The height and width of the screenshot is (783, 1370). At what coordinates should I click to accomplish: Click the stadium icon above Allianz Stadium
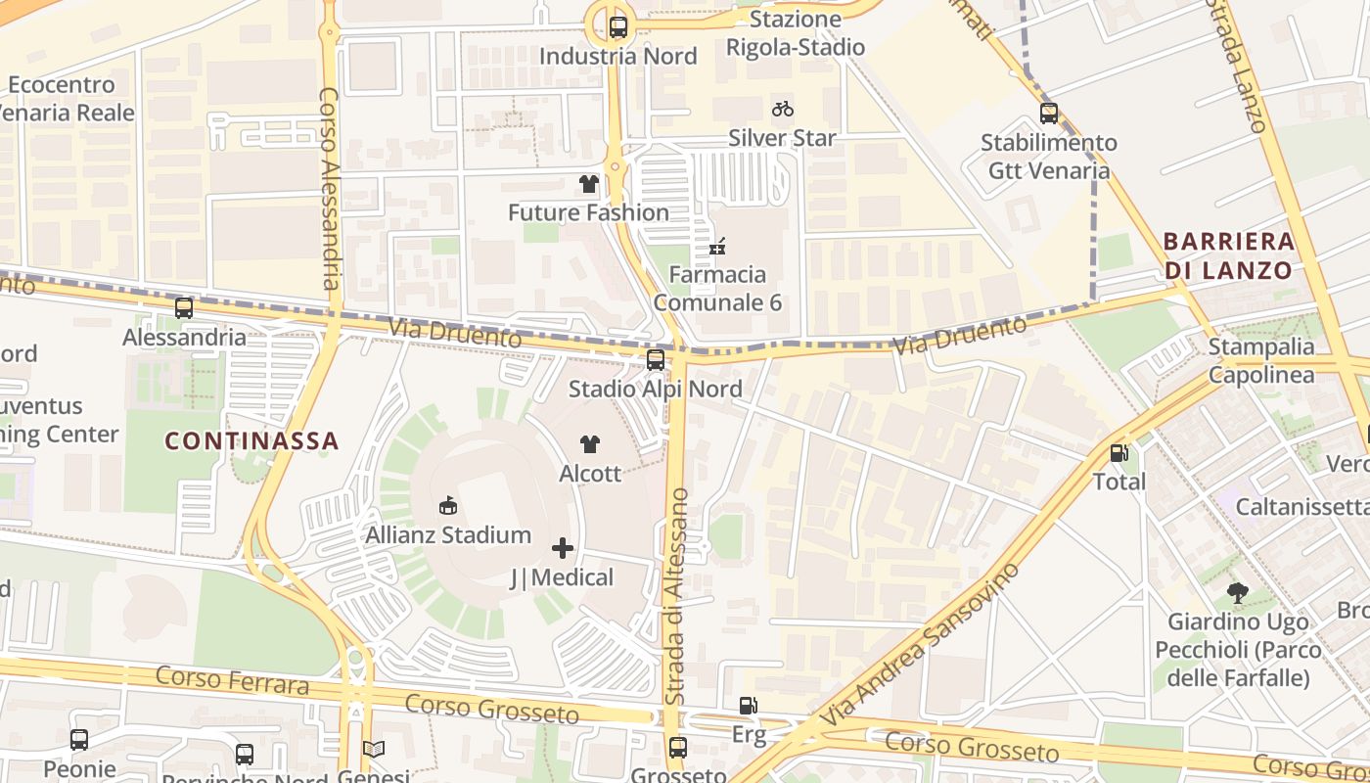(x=448, y=506)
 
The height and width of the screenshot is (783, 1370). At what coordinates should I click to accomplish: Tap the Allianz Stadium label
(x=448, y=535)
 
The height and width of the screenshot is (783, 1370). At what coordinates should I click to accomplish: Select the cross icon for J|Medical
(x=563, y=548)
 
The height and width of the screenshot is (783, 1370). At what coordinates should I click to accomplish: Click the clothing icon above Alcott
(x=589, y=444)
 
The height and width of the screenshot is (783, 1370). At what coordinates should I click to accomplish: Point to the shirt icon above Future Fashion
(x=588, y=184)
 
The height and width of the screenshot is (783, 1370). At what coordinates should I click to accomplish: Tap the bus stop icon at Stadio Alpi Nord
(x=656, y=360)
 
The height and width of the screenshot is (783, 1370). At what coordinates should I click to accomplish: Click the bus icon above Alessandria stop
(x=184, y=308)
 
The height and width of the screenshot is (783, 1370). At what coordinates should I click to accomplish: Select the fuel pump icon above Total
(x=1119, y=453)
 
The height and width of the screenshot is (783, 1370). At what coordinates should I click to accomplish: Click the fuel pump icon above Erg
(x=748, y=706)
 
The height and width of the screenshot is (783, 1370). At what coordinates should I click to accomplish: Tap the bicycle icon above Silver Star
(x=782, y=109)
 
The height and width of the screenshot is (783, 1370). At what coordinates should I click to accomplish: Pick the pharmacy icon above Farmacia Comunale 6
(x=717, y=246)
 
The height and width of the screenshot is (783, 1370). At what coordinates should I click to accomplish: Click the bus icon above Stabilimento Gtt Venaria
(x=1049, y=114)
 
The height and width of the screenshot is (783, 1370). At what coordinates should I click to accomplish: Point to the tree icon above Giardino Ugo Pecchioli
(x=1237, y=593)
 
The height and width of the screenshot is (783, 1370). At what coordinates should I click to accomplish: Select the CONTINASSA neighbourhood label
(x=251, y=441)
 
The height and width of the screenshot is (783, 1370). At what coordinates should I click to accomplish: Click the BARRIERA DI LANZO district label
(x=1228, y=255)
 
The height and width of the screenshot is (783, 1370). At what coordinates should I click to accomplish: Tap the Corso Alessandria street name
(x=329, y=189)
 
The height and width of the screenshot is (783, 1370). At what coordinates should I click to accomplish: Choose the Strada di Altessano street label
(x=676, y=597)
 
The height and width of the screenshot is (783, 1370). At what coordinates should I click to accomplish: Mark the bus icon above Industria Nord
(x=617, y=27)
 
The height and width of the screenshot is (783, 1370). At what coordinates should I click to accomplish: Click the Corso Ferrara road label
(x=232, y=679)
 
